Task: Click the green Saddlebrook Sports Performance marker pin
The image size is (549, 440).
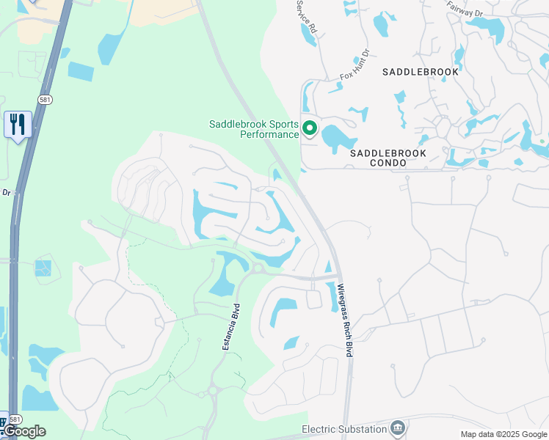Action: pos(310,129)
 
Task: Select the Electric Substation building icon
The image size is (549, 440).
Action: pos(397,428)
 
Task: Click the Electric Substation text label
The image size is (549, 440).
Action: pos(344,428)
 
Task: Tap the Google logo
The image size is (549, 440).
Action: pos(23,430)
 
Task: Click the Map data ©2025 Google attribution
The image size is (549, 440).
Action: pos(503,434)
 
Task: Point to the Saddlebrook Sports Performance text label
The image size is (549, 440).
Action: pos(254,129)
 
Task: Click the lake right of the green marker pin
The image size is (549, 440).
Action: pos(338,136)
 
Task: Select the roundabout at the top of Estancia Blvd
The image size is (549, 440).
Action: pos(257,269)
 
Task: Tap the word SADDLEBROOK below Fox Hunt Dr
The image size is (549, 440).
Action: pos(421,72)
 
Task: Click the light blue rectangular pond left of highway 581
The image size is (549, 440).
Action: pos(81,71)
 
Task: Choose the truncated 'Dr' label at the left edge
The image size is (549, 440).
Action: pos(6,193)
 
